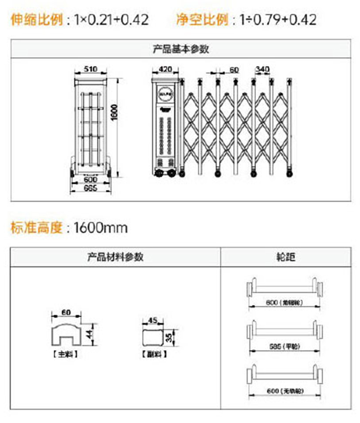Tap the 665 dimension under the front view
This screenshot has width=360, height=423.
[90, 188]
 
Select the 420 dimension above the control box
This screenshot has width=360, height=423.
[165, 69]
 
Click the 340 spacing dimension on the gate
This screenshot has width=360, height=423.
[262, 69]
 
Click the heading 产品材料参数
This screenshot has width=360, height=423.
[115, 257]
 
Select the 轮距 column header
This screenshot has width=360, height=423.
[285, 257]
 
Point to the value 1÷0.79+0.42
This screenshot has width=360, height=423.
[278, 19]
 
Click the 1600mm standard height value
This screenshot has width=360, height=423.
[100, 227]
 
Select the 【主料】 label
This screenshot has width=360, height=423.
[65, 354]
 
